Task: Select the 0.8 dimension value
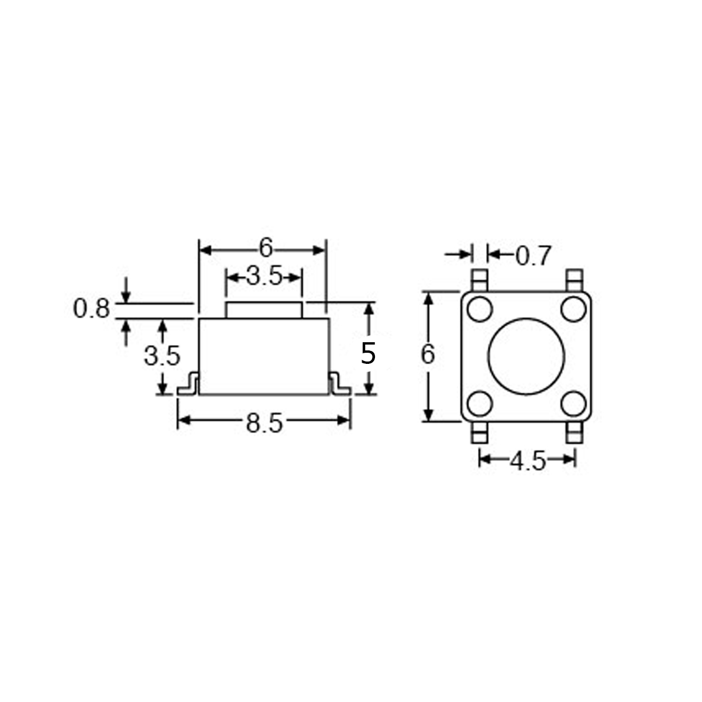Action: click(x=91, y=309)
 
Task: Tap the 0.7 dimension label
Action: click(x=533, y=256)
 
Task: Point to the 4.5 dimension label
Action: click(x=527, y=461)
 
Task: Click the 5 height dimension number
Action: click(x=368, y=353)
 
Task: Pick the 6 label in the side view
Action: click(x=266, y=248)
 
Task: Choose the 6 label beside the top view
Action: click(x=428, y=355)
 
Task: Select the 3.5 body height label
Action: click(x=161, y=356)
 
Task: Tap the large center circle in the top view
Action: click(x=526, y=356)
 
